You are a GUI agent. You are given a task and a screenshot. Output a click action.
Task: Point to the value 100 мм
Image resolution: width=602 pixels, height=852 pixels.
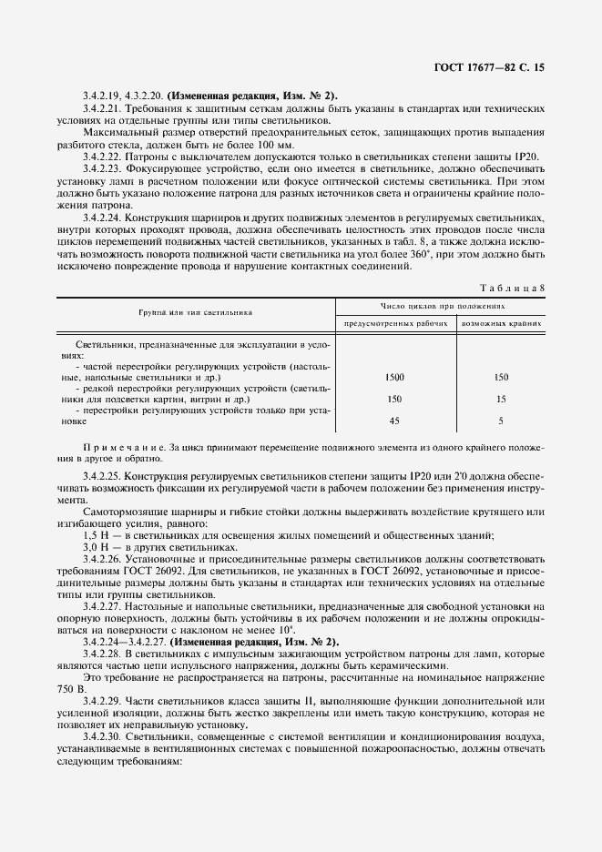coord(275,145)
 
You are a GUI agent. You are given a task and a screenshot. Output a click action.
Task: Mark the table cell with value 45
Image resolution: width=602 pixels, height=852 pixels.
coord(395,421)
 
